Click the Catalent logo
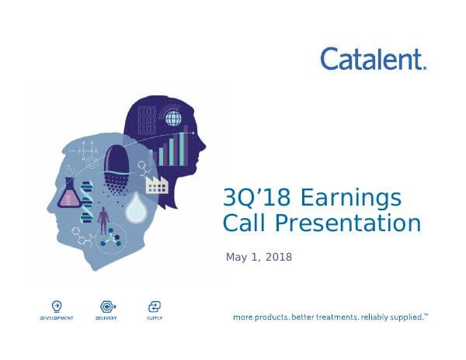(x=373, y=58)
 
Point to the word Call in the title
(x=244, y=224)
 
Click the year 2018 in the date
(x=279, y=257)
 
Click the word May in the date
(x=236, y=258)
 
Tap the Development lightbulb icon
(x=57, y=306)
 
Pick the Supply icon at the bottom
(x=154, y=306)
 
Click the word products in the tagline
(x=276, y=317)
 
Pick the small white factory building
(x=157, y=184)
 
